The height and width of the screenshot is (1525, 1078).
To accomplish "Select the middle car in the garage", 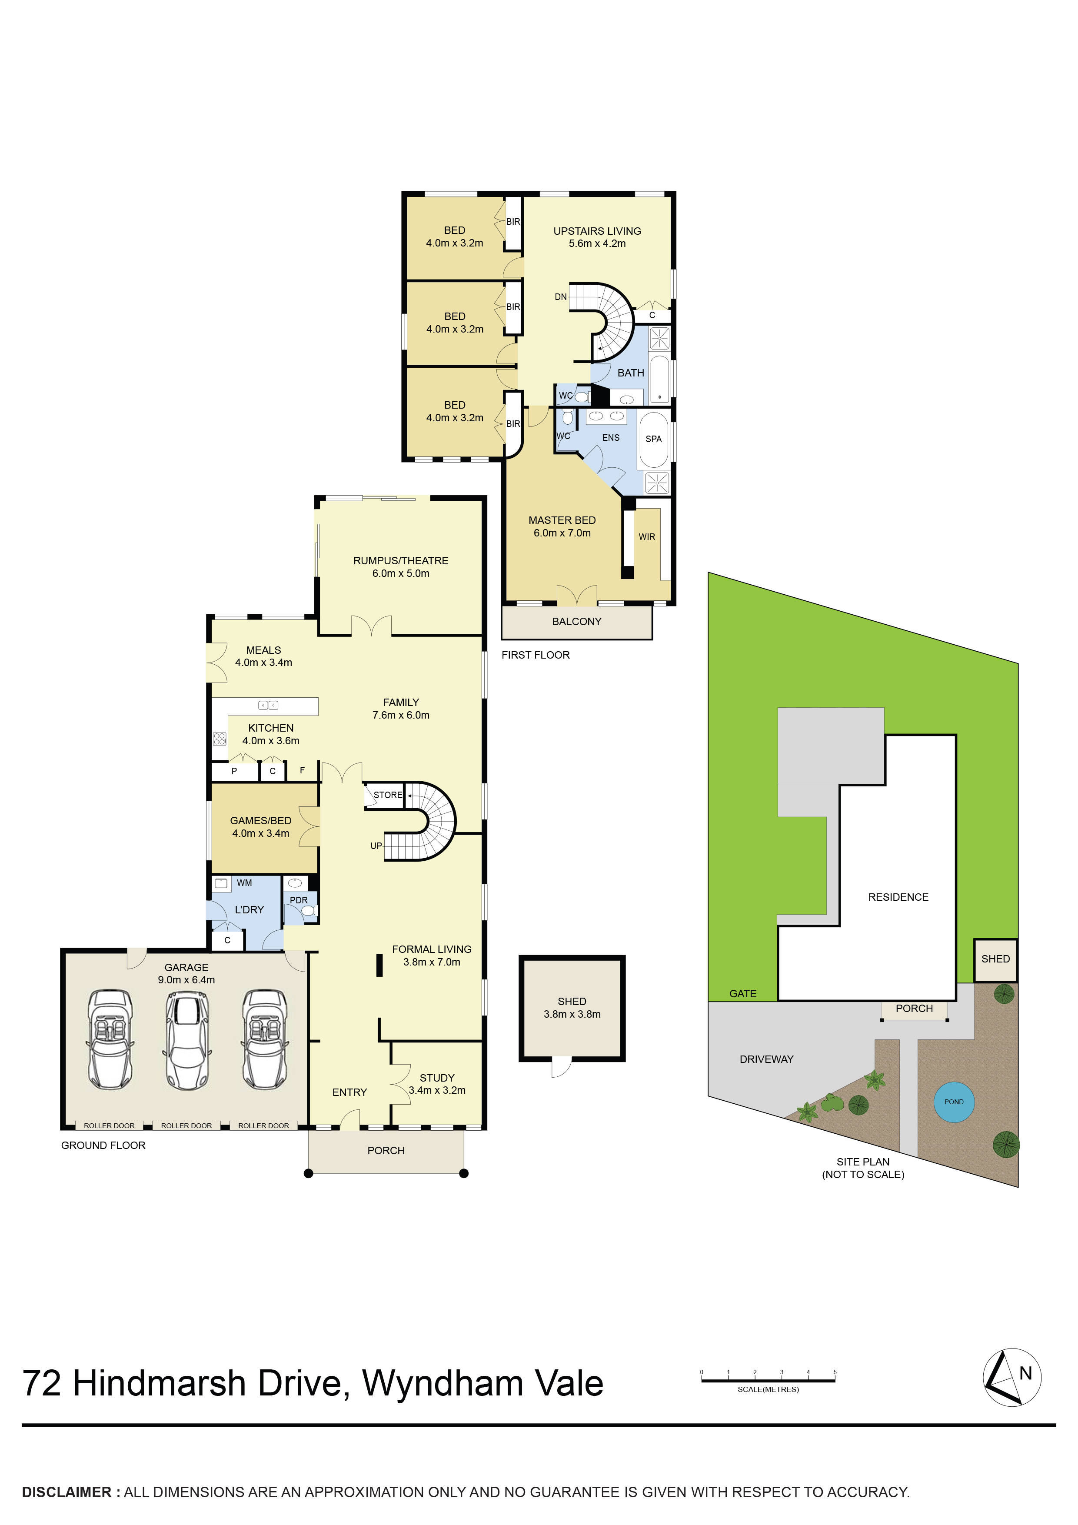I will tap(186, 1040).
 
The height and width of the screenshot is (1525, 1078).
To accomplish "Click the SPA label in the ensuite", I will tap(654, 439).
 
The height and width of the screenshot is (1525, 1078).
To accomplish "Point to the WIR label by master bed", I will tap(646, 537).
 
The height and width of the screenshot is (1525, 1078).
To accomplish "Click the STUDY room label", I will tap(437, 1077).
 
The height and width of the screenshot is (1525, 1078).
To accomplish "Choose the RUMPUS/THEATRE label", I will tap(400, 561).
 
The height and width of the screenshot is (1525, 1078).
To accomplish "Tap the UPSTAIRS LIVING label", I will tap(597, 231).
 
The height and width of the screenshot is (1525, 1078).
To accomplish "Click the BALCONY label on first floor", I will tap(576, 622).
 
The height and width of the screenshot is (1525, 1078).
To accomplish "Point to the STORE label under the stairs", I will tap(388, 795).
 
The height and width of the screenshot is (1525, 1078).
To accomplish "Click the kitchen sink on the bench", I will tap(268, 706).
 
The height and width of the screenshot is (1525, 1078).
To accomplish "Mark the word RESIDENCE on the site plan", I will tap(898, 897).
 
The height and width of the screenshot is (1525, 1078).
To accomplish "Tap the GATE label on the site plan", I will tap(742, 994).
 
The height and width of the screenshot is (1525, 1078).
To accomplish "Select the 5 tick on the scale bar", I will tap(835, 1372).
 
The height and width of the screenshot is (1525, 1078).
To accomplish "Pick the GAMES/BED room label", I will tap(260, 821).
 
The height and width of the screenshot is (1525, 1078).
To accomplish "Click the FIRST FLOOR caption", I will tap(536, 655).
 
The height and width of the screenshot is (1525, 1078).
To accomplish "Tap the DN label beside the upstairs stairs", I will tap(561, 297).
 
